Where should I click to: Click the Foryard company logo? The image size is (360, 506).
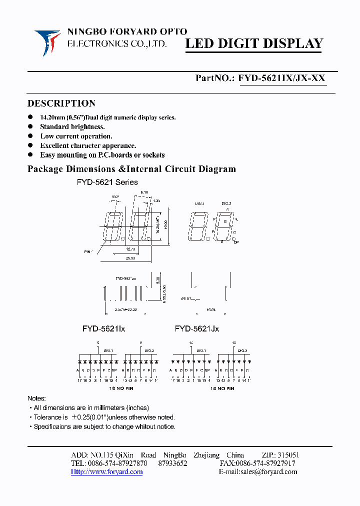[47, 42]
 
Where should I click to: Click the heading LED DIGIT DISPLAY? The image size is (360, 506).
[254, 44]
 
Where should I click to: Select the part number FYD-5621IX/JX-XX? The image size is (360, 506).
[282, 78]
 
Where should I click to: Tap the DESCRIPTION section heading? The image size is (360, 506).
[61, 103]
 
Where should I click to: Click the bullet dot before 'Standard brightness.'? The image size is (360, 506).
[30, 127]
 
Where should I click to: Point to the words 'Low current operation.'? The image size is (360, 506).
[76, 136]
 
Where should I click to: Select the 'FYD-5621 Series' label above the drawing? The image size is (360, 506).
[107, 182]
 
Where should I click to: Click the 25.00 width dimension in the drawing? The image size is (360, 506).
[130, 258]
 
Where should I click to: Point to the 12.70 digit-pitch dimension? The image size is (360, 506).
[131, 248]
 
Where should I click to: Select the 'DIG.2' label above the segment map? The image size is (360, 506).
[226, 203]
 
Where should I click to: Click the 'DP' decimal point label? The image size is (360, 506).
[236, 242]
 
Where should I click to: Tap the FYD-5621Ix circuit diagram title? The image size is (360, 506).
[103, 329]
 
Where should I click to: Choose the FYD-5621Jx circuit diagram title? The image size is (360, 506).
[196, 329]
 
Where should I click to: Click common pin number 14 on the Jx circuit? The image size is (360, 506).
[190, 342]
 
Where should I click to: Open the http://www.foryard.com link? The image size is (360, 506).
[106, 472]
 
